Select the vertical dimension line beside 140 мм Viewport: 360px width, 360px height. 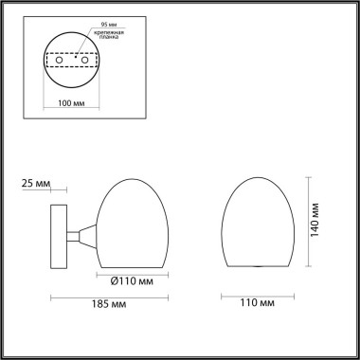tap(311, 224)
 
